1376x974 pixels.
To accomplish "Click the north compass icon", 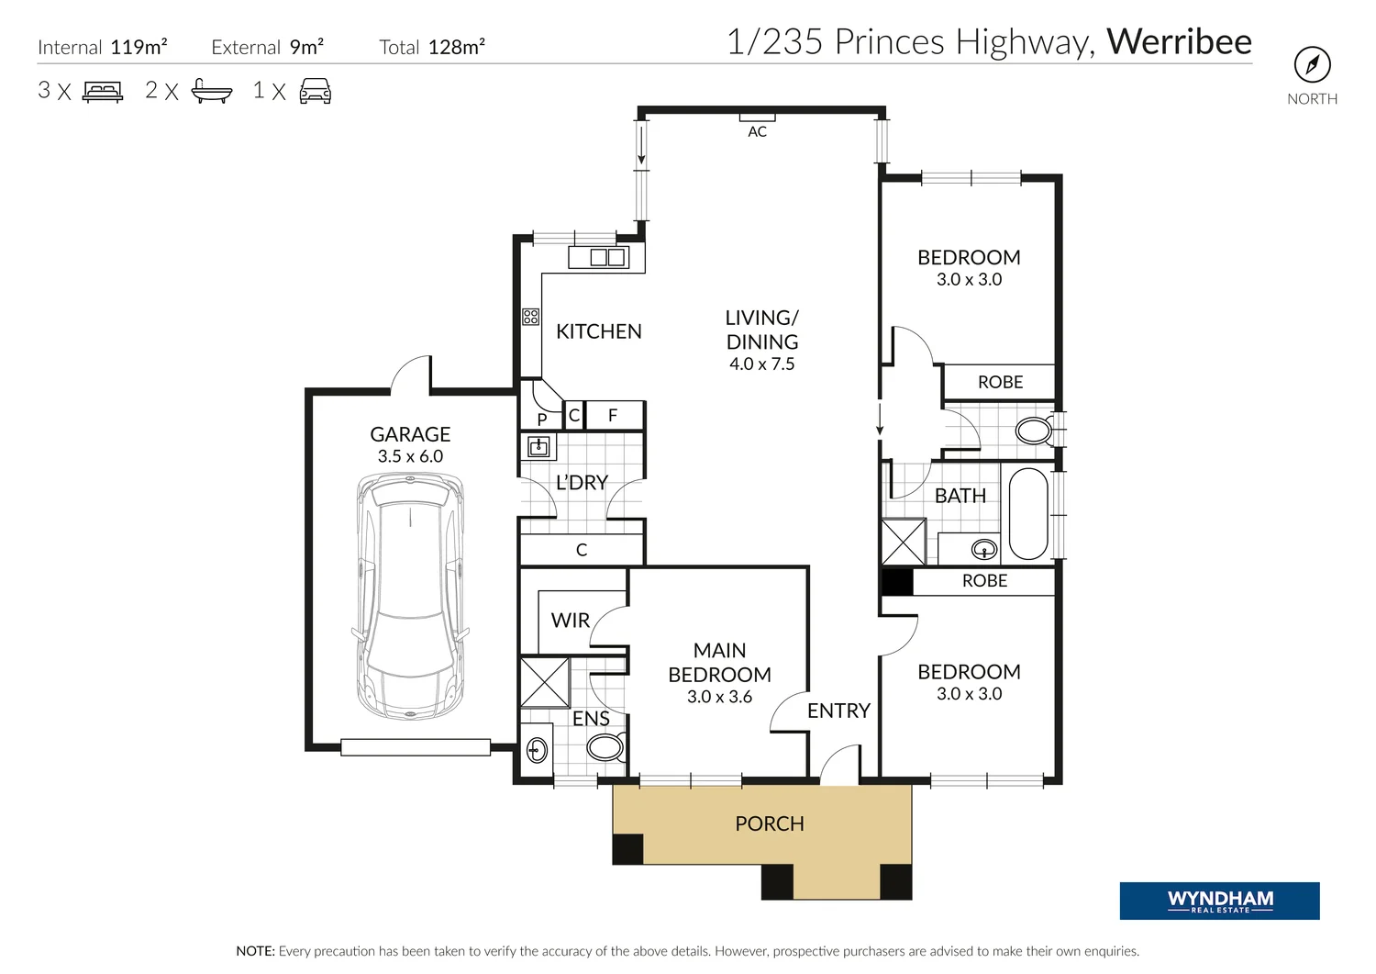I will coord(1312,64).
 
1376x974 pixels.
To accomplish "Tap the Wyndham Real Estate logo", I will coord(1219,901).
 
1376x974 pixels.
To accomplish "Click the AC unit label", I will coord(757,132).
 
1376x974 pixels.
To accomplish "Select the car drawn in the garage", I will coord(410,596).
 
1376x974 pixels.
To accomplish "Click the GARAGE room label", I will coord(410,434).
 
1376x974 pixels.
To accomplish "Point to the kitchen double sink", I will coord(606,257).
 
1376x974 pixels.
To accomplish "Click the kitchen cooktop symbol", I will coord(530,317).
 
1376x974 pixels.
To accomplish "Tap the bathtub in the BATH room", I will coord(1028,514).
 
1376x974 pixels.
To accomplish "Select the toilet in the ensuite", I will coord(605,747).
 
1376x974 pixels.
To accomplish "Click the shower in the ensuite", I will coord(544,681).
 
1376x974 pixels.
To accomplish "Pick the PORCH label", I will coord(769,823).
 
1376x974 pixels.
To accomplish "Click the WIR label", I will coord(570,621).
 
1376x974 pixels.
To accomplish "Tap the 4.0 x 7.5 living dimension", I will coord(761,364).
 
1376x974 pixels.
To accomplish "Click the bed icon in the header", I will coord(103,91).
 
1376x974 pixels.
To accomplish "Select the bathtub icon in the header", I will coord(211,91).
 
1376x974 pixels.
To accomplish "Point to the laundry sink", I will coord(538,447).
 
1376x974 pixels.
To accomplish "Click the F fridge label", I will coord(613,415).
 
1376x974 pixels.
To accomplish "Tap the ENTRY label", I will coord(838,711).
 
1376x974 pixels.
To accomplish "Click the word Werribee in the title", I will coord(1179,42).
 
